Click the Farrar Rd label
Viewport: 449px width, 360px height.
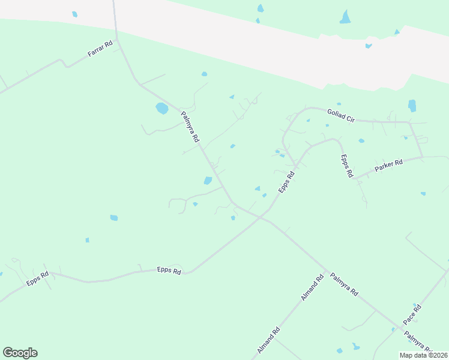coord(100,49)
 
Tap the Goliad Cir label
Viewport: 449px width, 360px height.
coord(341,115)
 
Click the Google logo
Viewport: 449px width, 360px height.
coord(20,353)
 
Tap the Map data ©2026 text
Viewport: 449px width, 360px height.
coord(423,355)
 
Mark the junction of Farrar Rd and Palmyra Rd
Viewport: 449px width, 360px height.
coord(118,40)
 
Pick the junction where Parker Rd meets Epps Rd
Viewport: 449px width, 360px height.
coord(356,178)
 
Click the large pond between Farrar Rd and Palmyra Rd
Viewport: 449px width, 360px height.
coord(161,109)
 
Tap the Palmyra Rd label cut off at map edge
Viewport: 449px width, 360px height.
coord(419,343)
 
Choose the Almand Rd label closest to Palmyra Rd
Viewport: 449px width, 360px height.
coord(312,288)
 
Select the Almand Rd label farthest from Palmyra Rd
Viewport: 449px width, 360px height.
coord(268,340)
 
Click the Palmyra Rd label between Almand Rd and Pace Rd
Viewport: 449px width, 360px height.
coord(344,284)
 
